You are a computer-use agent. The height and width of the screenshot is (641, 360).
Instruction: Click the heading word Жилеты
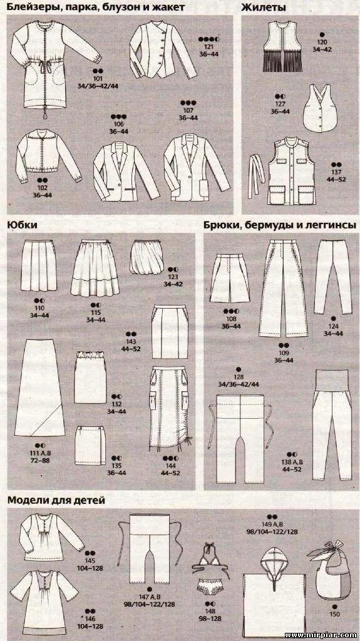(x=264, y=8)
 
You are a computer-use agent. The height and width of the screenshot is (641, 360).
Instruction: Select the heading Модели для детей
(x=56, y=500)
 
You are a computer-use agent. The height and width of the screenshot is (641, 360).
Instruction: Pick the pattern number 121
(x=208, y=47)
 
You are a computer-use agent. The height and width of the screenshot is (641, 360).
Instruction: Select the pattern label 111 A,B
(x=39, y=453)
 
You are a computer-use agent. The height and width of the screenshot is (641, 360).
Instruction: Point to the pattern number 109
(x=284, y=353)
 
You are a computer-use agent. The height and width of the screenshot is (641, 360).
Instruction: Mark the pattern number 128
(x=239, y=377)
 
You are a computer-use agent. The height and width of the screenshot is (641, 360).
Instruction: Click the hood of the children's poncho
(x=275, y=561)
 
